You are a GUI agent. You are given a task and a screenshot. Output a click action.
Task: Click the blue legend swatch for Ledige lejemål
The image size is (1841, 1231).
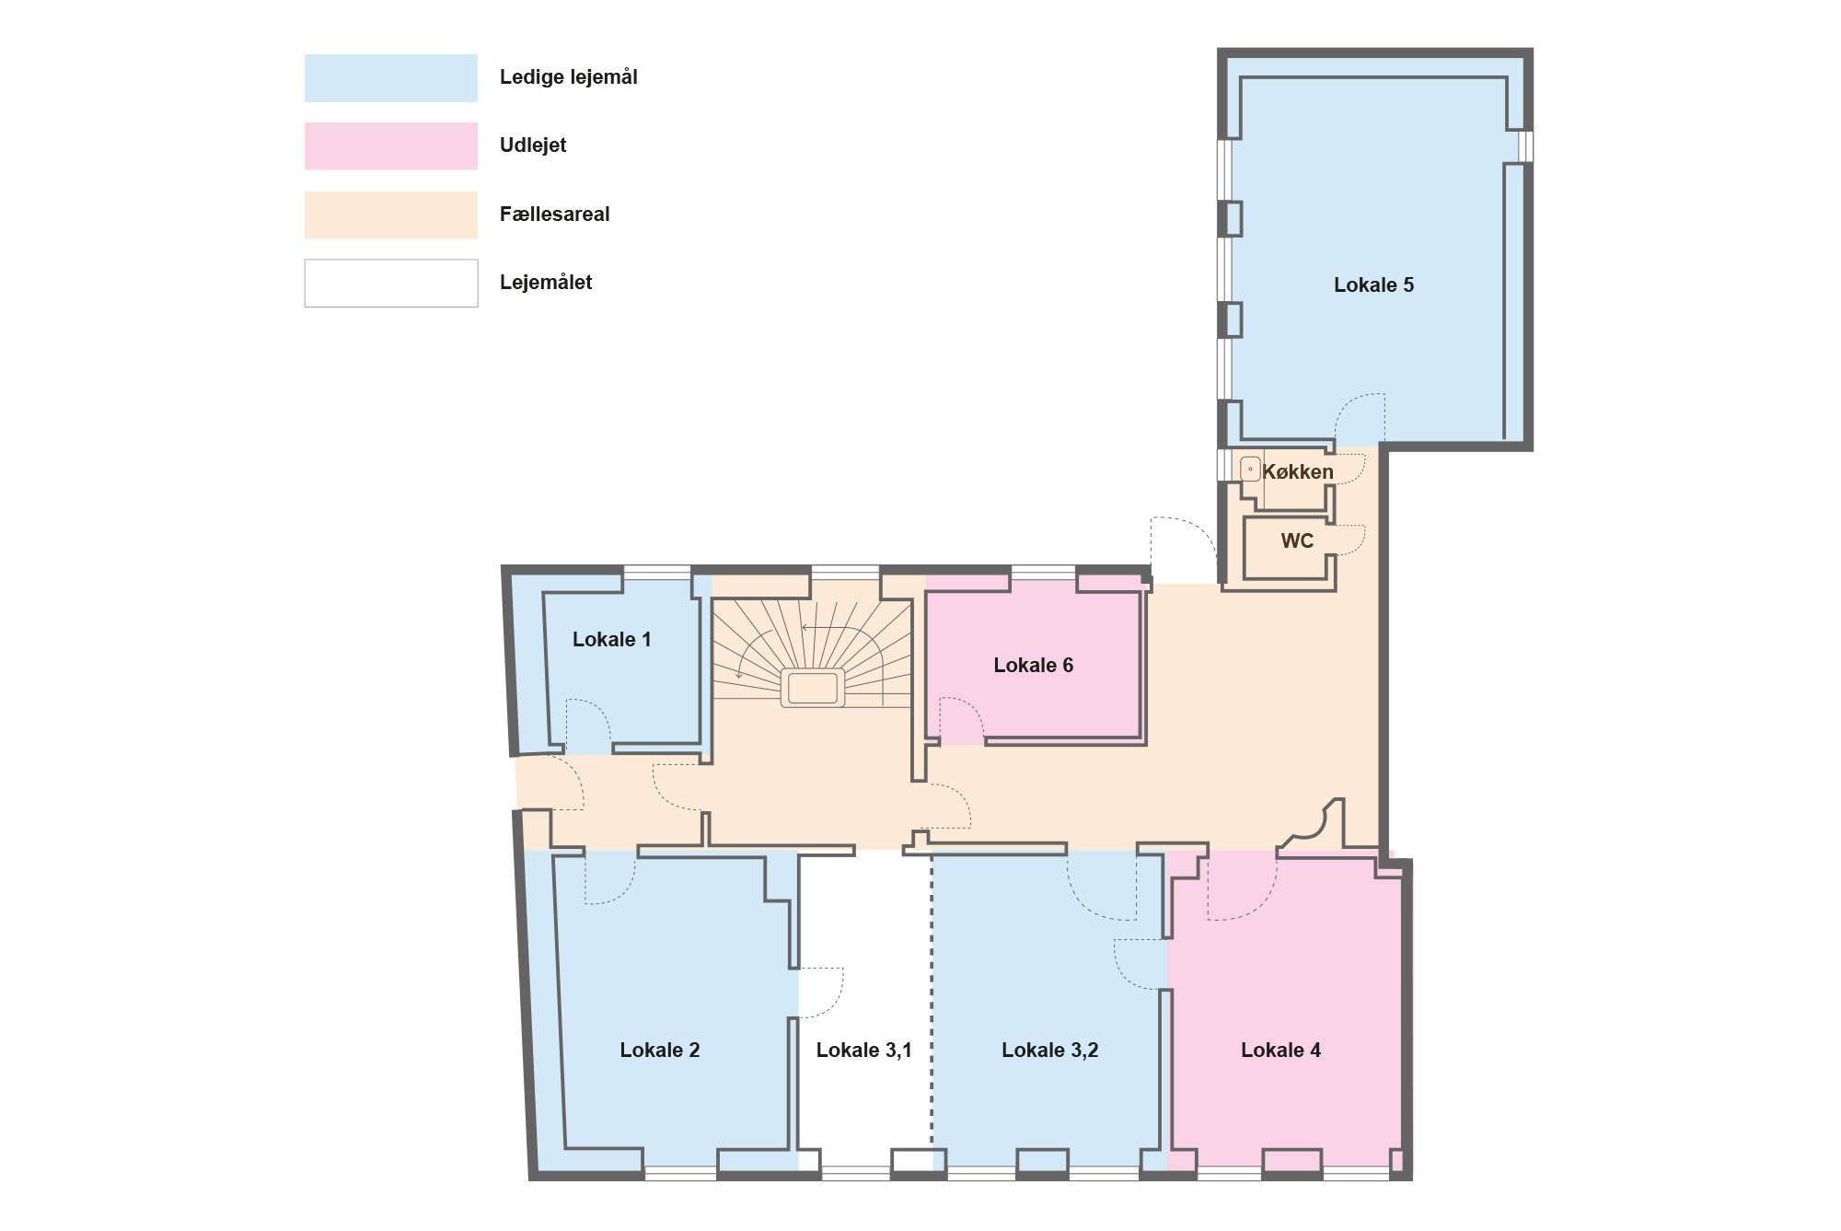tap(391, 77)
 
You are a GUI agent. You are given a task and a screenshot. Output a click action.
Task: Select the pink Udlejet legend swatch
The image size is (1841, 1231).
tap(391, 145)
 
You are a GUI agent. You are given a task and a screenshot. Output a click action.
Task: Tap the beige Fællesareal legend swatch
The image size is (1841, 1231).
tap(391, 215)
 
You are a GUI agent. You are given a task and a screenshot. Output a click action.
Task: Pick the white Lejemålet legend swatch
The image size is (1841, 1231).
tap(391, 283)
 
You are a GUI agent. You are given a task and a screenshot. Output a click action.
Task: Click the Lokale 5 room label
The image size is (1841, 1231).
tap(1373, 285)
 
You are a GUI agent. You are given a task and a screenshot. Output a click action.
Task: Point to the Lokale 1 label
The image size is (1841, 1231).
tap(611, 640)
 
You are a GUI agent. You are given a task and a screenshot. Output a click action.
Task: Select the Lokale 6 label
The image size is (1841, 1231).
tap(1033, 666)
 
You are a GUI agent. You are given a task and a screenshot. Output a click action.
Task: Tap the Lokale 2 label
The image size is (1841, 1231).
tap(659, 1051)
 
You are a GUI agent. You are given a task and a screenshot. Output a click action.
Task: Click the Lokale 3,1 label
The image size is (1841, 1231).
tap(863, 1051)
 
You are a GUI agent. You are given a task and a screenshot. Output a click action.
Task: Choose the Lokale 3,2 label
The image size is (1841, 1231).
tap(1049, 1051)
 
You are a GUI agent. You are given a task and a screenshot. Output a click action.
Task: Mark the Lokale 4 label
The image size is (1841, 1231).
tap(1280, 1051)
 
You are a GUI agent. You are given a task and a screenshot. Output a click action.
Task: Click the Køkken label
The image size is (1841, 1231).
tap(1298, 472)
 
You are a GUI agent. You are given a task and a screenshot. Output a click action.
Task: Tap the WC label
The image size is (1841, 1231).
tap(1297, 541)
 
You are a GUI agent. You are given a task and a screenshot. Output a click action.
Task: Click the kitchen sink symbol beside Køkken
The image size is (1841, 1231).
tap(1250, 470)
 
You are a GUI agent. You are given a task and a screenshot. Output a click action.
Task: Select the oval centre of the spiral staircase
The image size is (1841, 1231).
tap(813, 688)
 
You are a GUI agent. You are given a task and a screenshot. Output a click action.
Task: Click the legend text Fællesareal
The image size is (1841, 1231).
tap(554, 215)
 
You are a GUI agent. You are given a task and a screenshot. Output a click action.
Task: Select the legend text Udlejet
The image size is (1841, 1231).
tap(533, 145)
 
